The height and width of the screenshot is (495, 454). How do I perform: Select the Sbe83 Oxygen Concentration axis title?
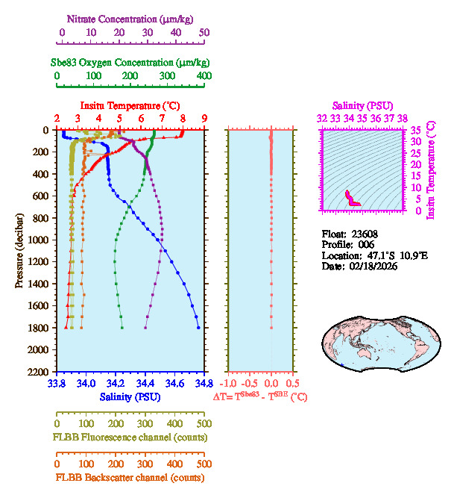pyautogui.click(x=130, y=62)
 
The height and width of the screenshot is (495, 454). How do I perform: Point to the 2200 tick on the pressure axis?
pyautogui.click(x=40, y=371)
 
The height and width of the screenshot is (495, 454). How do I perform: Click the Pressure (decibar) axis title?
pyautogui.click(x=19, y=250)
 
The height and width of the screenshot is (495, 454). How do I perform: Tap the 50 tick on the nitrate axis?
pyautogui.click(x=204, y=33)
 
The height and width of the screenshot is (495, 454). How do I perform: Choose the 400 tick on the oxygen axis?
pyautogui.click(x=204, y=76)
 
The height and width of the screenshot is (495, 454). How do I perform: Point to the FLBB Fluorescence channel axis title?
pyautogui.click(x=130, y=437)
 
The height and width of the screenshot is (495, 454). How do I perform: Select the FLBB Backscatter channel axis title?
pyautogui.click(x=130, y=477)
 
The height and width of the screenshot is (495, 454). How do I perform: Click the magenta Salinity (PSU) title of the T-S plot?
pyautogui.click(x=361, y=106)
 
